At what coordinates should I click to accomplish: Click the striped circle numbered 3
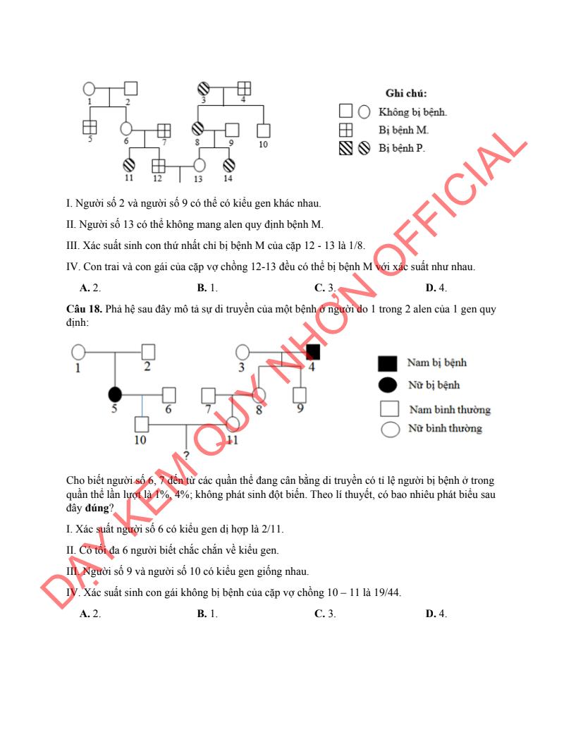(203, 89)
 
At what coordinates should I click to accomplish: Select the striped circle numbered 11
(129, 165)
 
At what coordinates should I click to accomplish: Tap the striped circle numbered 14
(229, 165)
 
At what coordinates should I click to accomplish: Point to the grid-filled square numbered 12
(159, 166)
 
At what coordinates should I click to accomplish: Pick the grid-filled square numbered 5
(90, 127)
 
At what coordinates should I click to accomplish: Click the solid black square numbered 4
(313, 351)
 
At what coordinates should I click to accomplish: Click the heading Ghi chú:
(405, 93)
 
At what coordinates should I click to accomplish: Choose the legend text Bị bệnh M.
(403, 130)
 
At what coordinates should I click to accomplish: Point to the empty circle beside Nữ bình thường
(390, 430)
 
